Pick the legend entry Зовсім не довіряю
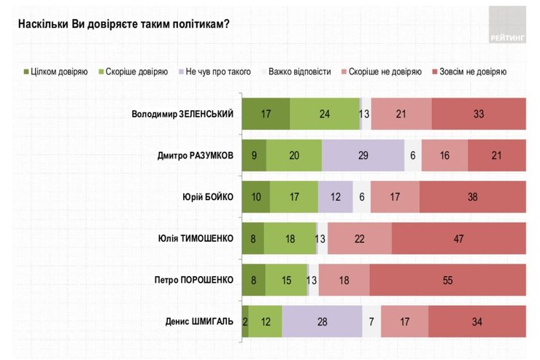[468, 72]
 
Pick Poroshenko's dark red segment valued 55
[447, 280]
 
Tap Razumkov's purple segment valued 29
[363, 155]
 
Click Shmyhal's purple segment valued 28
[322, 321]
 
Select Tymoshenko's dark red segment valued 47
[458, 238]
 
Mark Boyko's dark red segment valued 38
[472, 196]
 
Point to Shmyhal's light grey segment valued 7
[371, 321]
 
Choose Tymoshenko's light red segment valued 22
[360, 238]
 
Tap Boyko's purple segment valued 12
[336, 196]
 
